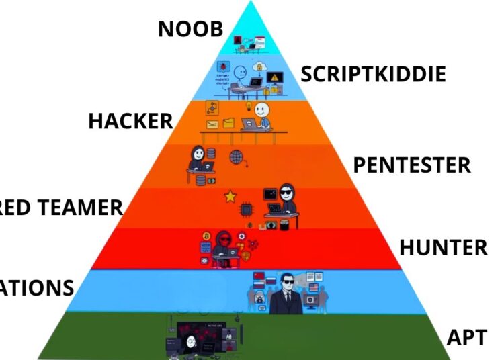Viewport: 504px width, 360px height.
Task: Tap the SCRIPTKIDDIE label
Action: (x=373, y=74)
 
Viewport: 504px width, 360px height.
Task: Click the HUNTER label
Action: (x=443, y=247)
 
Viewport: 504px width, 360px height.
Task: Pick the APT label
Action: (x=466, y=336)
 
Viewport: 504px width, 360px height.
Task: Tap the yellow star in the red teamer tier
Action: (x=230, y=197)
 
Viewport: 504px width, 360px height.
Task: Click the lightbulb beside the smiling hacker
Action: (x=248, y=108)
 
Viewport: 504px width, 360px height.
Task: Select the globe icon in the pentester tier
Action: (x=237, y=158)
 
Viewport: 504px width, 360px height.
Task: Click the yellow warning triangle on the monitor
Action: (x=273, y=78)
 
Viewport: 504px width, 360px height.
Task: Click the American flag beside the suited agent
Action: (x=313, y=288)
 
